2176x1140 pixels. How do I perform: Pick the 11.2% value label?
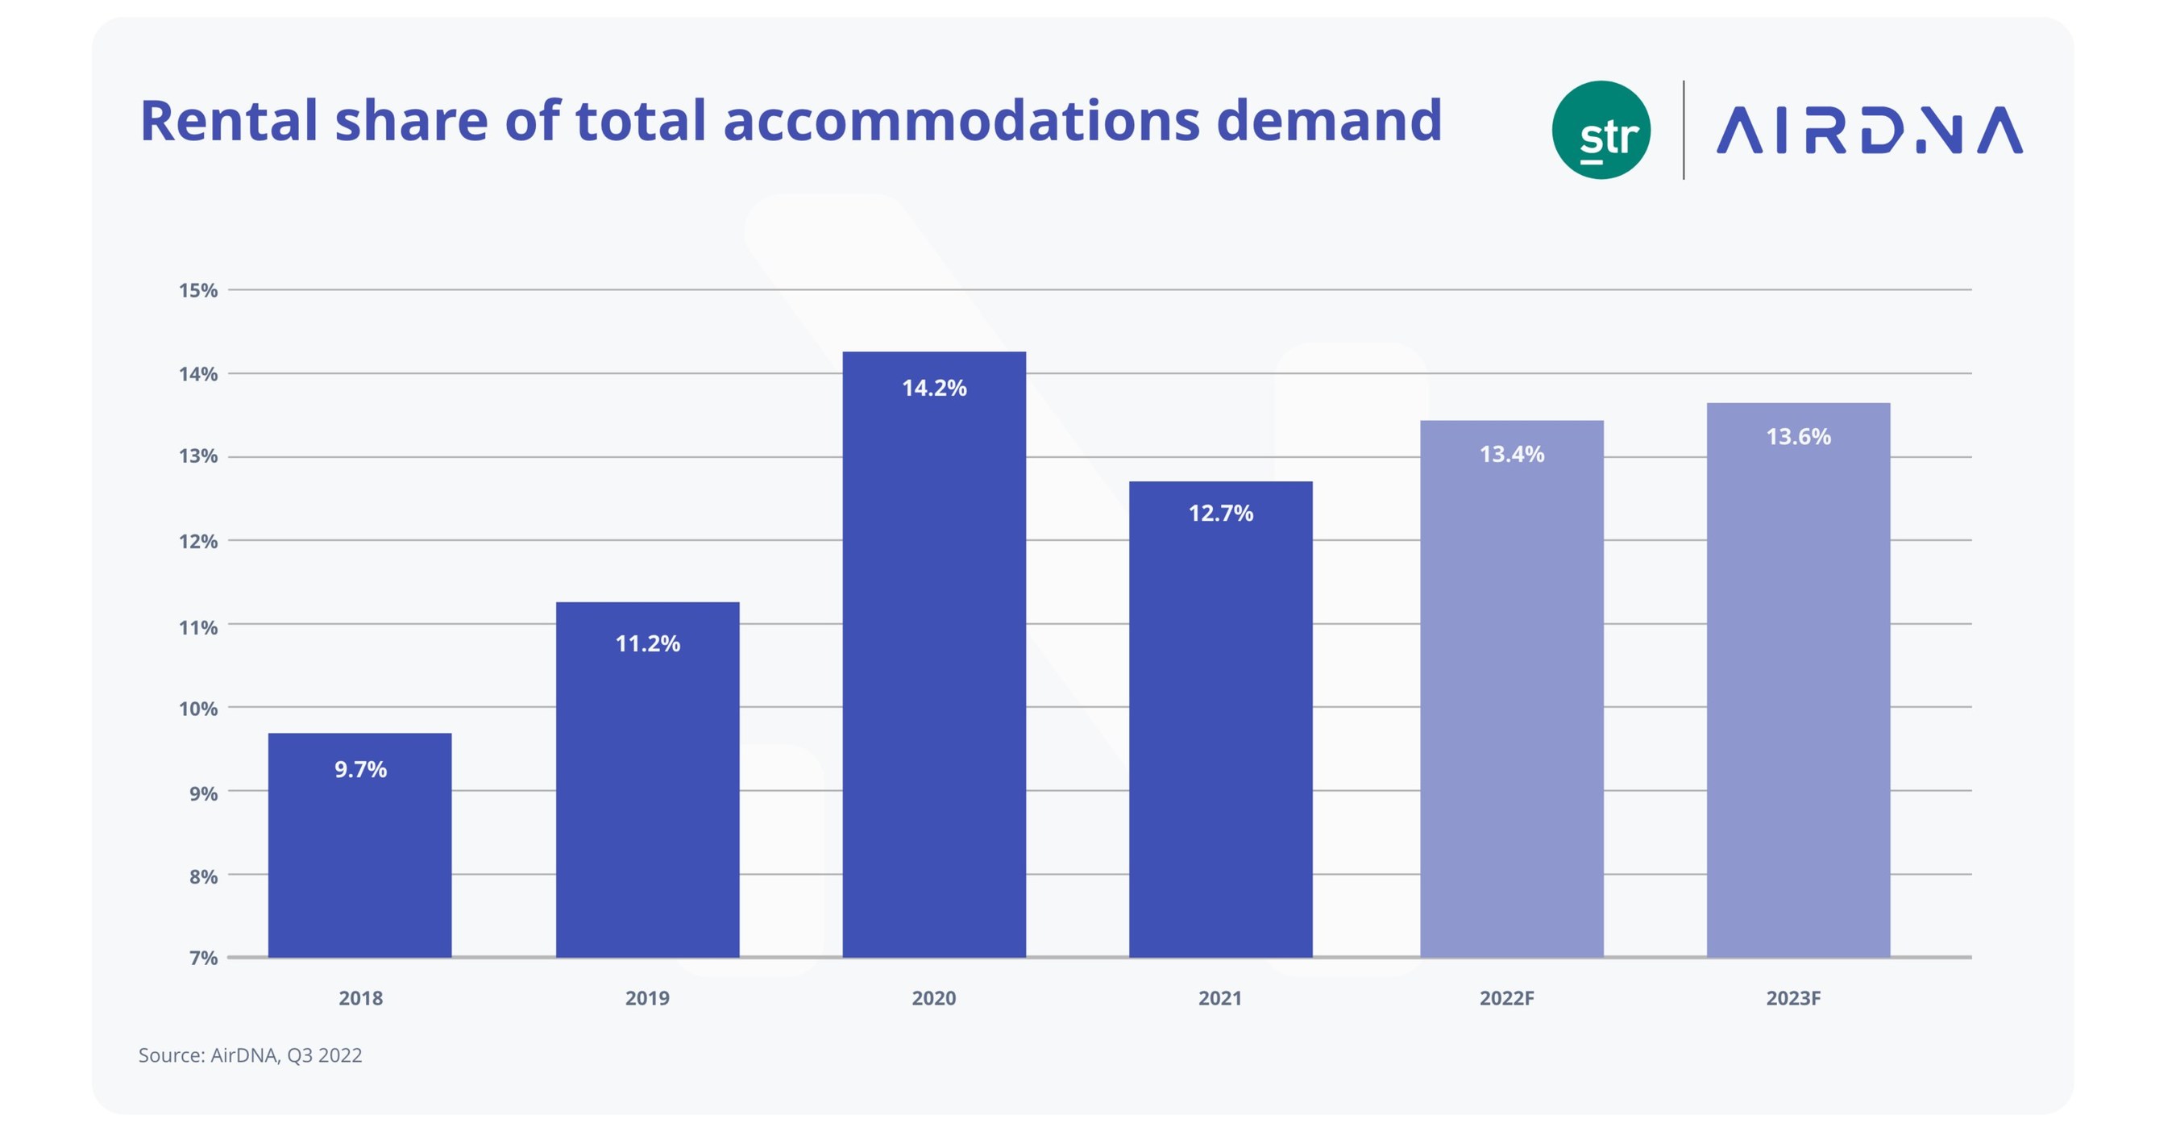[647, 644]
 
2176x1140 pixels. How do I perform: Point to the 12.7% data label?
[1221, 513]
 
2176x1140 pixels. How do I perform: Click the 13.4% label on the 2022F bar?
[1511, 455]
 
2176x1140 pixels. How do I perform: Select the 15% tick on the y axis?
[197, 291]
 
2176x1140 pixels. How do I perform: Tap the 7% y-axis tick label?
[203, 958]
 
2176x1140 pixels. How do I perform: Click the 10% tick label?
[197, 709]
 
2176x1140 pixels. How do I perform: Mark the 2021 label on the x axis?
[1220, 998]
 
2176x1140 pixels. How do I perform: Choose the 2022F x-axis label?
[1506, 998]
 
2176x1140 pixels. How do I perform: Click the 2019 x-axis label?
[647, 998]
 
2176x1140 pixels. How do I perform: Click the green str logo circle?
[1601, 130]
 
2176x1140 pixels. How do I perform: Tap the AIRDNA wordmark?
[1870, 130]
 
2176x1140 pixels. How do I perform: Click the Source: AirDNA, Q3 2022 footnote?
[250, 1055]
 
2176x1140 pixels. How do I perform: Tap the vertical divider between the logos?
[1684, 130]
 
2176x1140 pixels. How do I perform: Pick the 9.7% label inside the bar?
[360, 770]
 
